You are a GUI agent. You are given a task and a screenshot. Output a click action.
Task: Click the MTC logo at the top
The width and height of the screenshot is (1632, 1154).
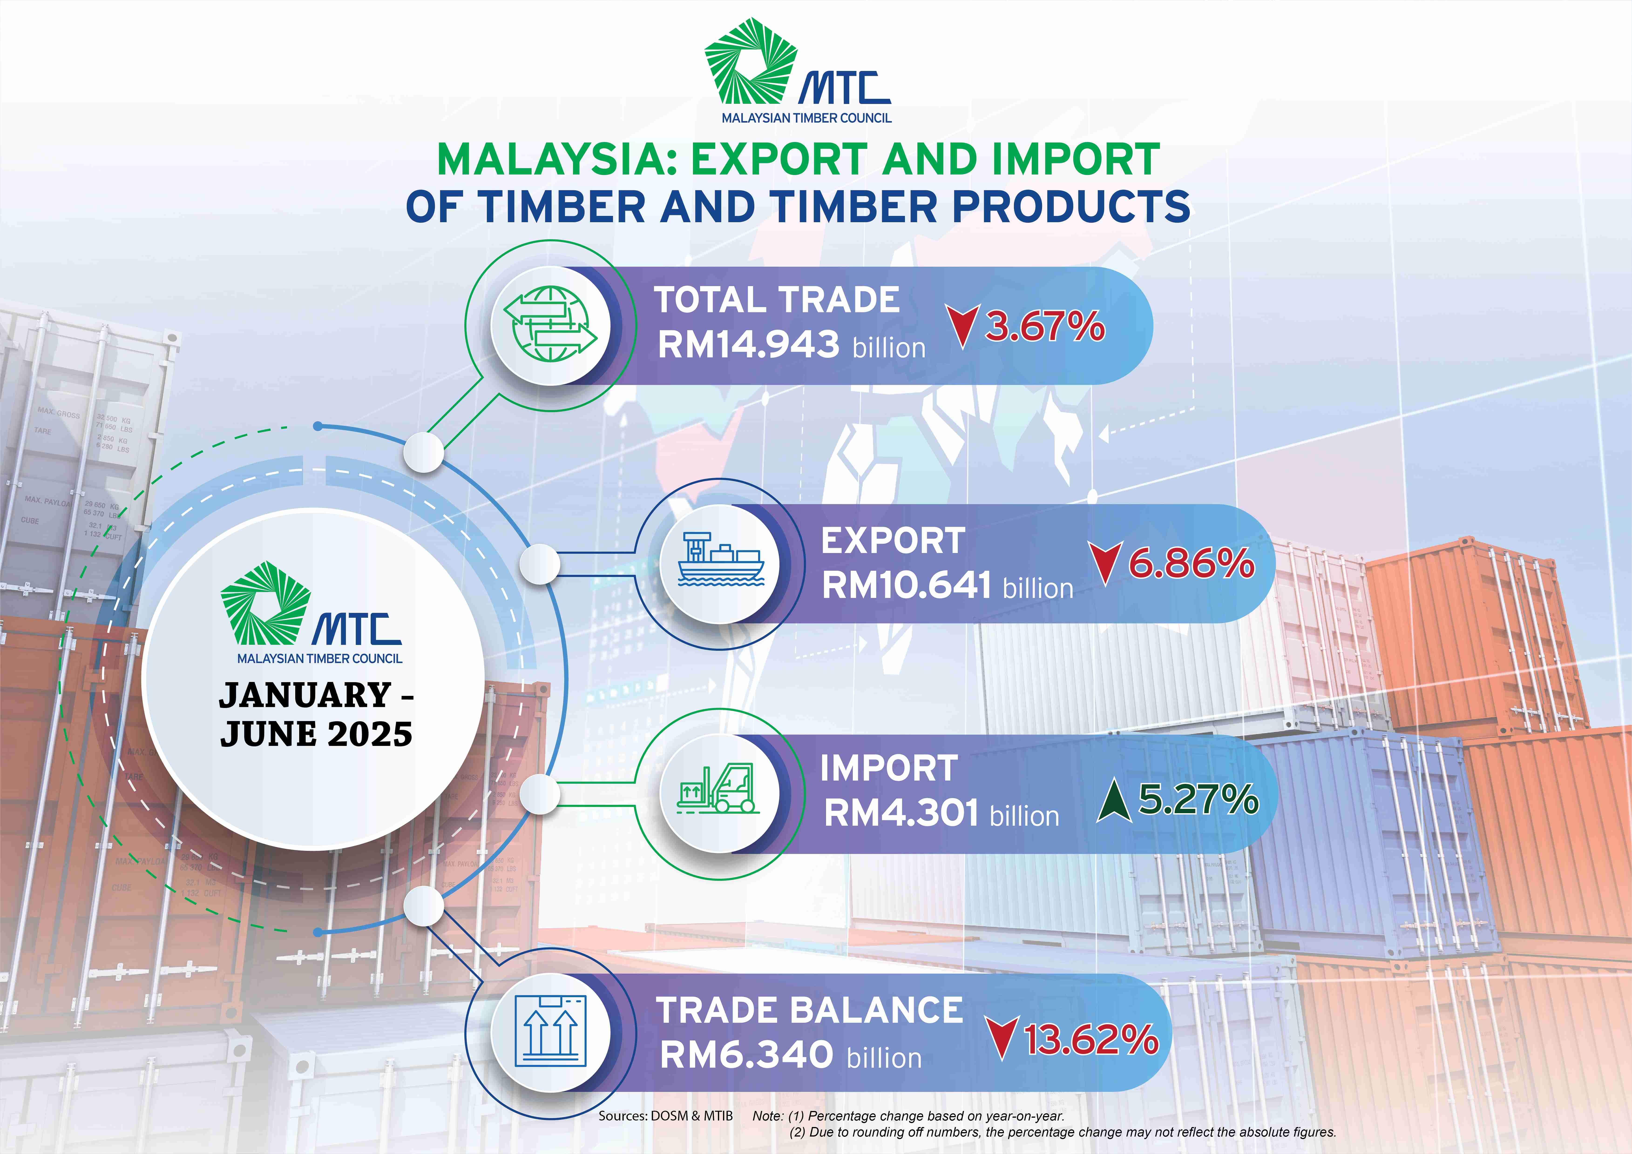tap(798, 71)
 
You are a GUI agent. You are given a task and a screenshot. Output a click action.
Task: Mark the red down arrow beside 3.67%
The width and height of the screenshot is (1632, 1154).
tap(962, 326)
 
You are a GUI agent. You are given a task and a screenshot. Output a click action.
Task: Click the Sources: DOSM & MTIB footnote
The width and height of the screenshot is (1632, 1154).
tap(666, 1116)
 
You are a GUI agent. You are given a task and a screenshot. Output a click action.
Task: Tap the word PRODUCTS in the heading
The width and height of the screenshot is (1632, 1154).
tap(1071, 207)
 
